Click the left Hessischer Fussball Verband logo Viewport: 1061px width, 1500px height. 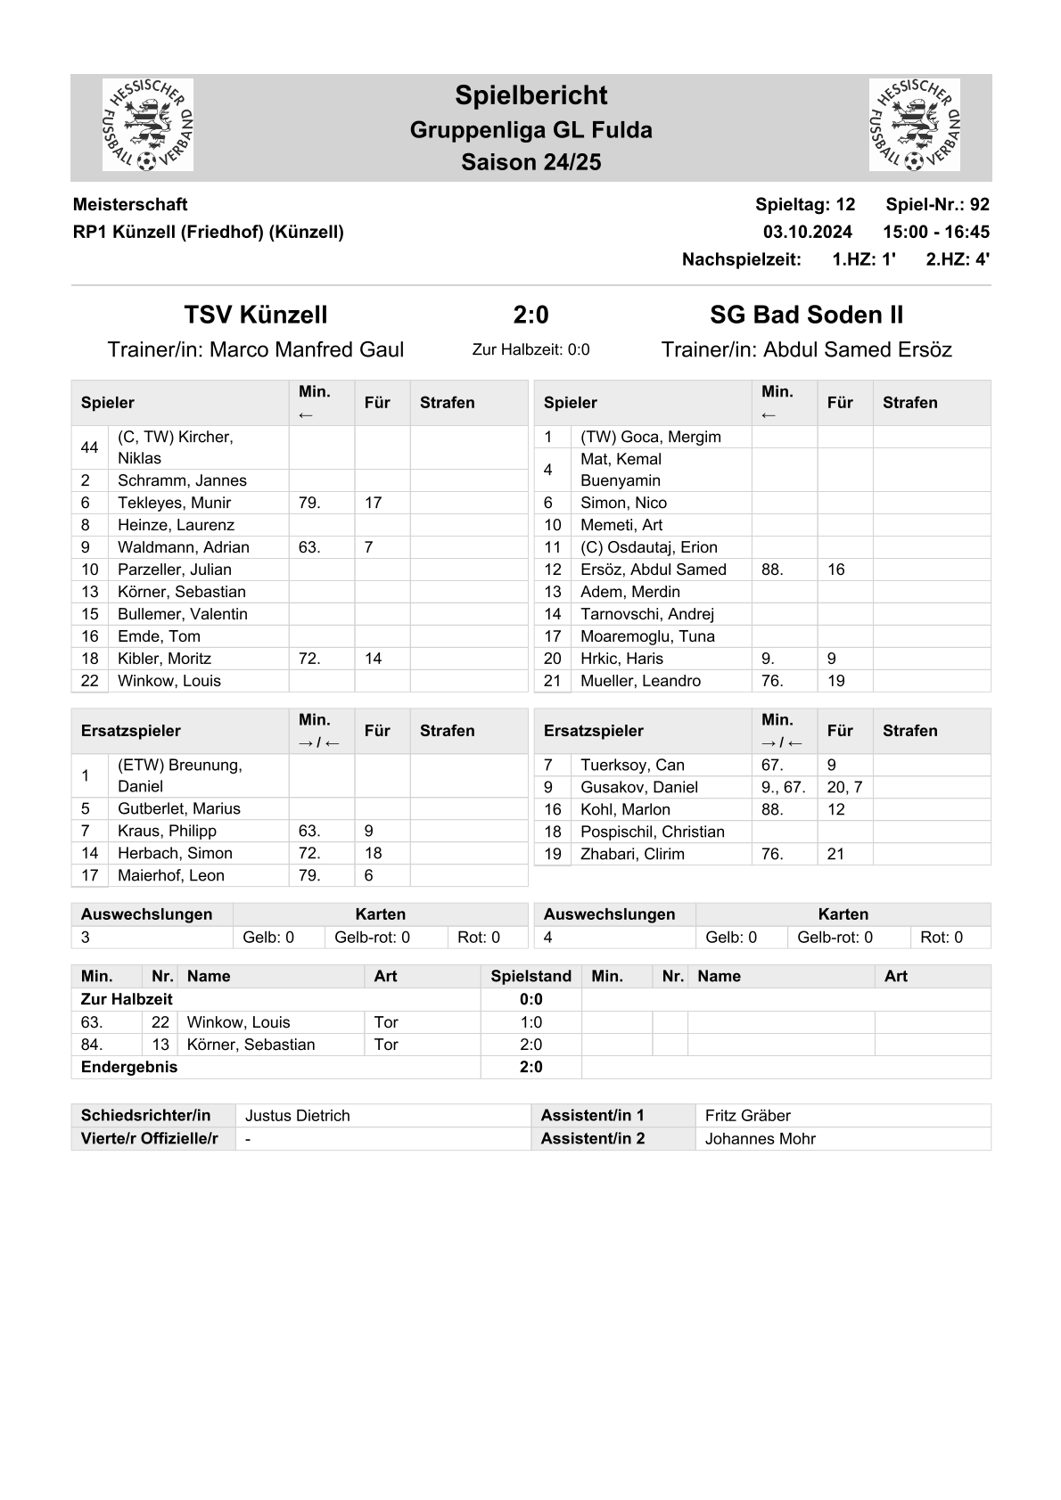click(x=148, y=125)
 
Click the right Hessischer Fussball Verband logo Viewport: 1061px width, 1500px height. click(x=914, y=125)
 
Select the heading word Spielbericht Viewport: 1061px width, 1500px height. click(x=530, y=95)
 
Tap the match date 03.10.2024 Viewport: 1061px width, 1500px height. click(x=807, y=232)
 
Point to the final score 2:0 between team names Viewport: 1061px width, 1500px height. click(x=530, y=315)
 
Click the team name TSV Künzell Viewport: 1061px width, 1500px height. click(x=256, y=315)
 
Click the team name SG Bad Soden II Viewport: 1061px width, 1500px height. click(x=806, y=315)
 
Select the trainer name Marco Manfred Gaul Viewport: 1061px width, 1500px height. click(x=306, y=349)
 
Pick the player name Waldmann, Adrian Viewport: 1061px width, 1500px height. click(x=184, y=547)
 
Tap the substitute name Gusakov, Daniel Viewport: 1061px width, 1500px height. click(x=639, y=787)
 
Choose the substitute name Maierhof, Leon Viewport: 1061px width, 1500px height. click(x=171, y=875)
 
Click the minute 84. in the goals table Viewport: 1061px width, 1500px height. click(x=92, y=1045)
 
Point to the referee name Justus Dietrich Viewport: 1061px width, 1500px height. click(x=298, y=1116)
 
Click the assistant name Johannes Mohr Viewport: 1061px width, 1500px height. click(x=760, y=1139)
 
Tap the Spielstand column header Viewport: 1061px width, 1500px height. click(x=530, y=976)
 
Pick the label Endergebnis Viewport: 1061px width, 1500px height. click(x=129, y=1067)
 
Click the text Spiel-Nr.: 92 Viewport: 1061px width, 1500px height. click(x=937, y=204)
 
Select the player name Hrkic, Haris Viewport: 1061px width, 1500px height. click(x=621, y=659)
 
